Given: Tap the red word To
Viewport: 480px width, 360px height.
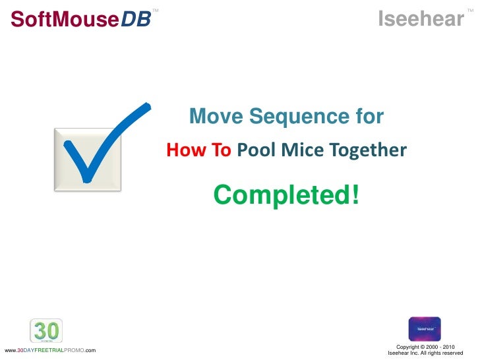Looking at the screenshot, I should tap(220, 151).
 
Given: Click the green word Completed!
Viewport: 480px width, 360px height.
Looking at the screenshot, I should tap(287, 195).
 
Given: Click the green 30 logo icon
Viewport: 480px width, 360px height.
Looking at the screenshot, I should tap(46, 330).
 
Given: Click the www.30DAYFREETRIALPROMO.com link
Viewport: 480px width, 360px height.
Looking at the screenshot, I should tap(50, 350).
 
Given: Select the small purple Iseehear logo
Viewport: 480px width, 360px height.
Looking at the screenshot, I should tap(425, 328).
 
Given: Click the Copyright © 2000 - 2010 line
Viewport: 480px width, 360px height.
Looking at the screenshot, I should tap(425, 347).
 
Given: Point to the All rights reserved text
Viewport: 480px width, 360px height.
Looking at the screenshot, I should tap(442, 353).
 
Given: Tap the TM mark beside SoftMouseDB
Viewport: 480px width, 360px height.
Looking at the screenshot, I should tap(156, 11).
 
